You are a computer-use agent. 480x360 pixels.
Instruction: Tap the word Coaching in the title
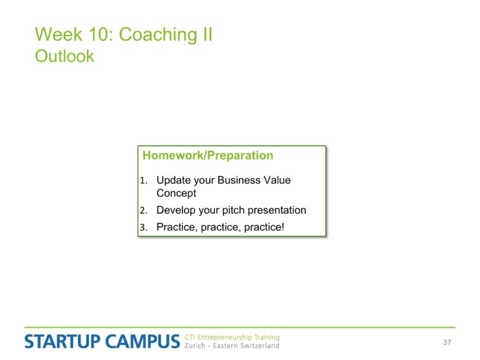click(x=159, y=35)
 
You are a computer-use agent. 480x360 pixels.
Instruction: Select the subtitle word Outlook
click(x=64, y=56)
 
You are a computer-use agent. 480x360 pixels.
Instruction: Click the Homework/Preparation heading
click(x=208, y=156)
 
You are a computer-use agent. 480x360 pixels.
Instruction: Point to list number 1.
click(x=144, y=180)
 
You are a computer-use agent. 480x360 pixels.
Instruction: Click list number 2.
click(x=144, y=210)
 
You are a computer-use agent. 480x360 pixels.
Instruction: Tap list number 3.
click(x=144, y=227)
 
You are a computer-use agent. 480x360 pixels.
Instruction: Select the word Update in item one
click(x=174, y=180)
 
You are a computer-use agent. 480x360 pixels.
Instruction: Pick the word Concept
click(x=176, y=193)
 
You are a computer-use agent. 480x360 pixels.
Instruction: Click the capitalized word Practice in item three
click(x=177, y=227)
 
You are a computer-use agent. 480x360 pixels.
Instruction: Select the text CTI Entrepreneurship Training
click(x=232, y=337)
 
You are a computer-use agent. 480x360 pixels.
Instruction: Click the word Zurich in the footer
click(x=195, y=346)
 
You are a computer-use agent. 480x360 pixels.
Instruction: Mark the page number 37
click(x=447, y=342)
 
